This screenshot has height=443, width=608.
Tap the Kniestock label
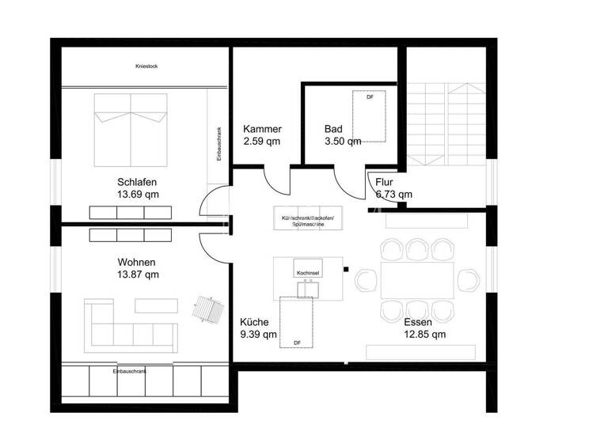pos(146,66)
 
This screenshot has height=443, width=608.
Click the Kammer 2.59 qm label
pos(262,135)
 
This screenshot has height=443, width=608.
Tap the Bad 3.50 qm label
pos(342,135)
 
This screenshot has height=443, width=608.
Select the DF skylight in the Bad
pos(369,115)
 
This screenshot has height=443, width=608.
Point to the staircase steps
pos(447,123)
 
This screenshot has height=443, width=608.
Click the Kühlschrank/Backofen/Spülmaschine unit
pos(309,220)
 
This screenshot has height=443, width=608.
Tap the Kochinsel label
pos(308,273)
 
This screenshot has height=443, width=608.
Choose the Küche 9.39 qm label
pos(259,328)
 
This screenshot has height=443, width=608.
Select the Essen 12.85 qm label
pos(424,328)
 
